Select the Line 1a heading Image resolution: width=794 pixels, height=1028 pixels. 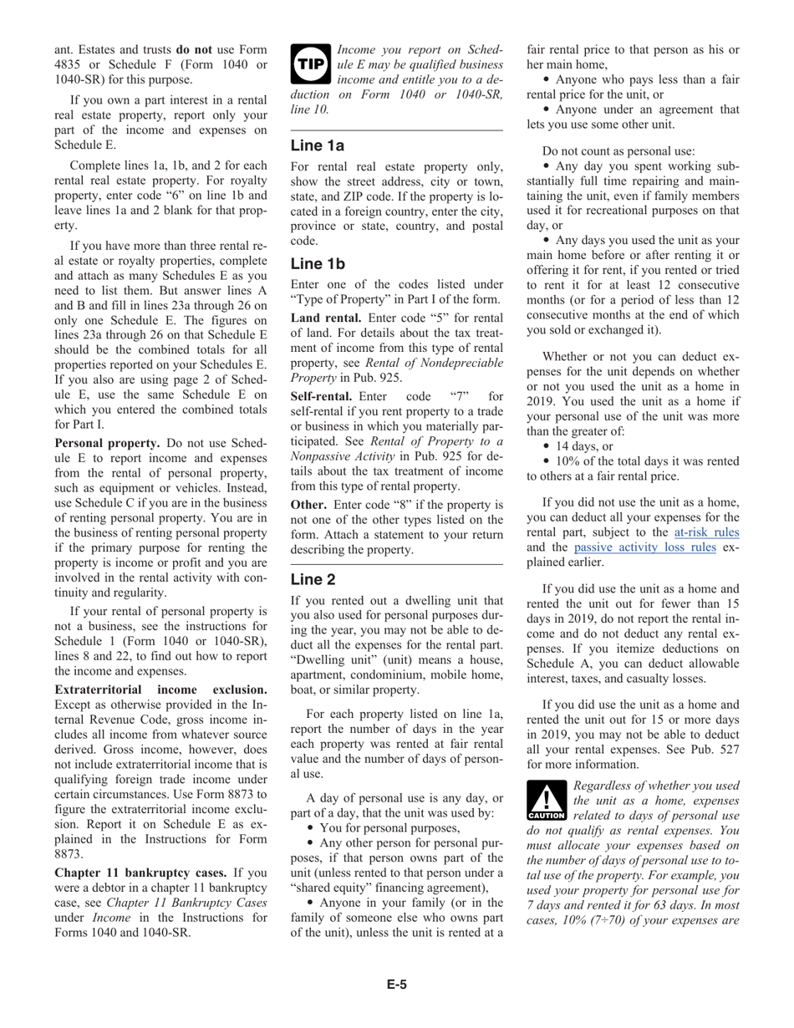[x=318, y=145]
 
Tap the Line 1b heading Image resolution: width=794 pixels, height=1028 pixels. [x=318, y=264]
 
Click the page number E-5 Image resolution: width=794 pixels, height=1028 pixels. [x=397, y=985]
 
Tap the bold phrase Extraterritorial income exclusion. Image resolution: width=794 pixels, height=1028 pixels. [x=160, y=690]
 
